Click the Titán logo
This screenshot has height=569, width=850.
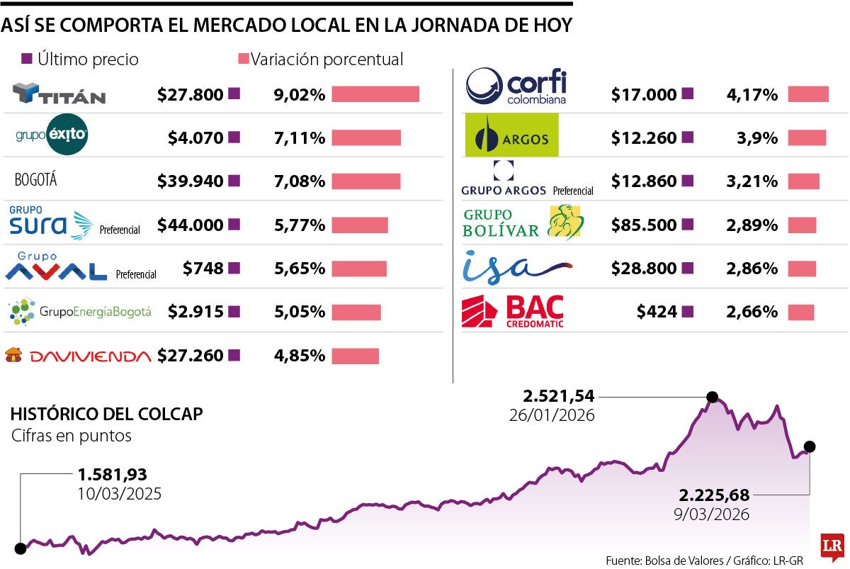pyautogui.click(x=59, y=94)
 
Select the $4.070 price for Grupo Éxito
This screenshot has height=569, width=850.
pyautogui.click(x=195, y=138)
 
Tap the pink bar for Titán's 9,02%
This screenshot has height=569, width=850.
pyautogui.click(x=375, y=94)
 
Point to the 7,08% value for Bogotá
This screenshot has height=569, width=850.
pyautogui.click(x=300, y=181)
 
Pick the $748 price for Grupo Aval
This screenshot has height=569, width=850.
pyautogui.click(x=203, y=269)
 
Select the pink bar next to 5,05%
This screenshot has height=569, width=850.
pyautogui.click(x=356, y=312)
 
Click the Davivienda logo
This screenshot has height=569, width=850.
pyautogui.click(x=78, y=356)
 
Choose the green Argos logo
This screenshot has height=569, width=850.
pyautogui.click(x=511, y=135)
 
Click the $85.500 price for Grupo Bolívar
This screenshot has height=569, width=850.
pyautogui.click(x=644, y=225)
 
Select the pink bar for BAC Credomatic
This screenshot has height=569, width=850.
pyautogui.click(x=801, y=312)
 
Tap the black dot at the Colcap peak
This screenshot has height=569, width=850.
pyautogui.click(x=713, y=397)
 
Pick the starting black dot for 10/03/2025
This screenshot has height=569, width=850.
pyautogui.click(x=21, y=548)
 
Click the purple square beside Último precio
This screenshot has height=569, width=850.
pyautogui.click(x=28, y=59)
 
